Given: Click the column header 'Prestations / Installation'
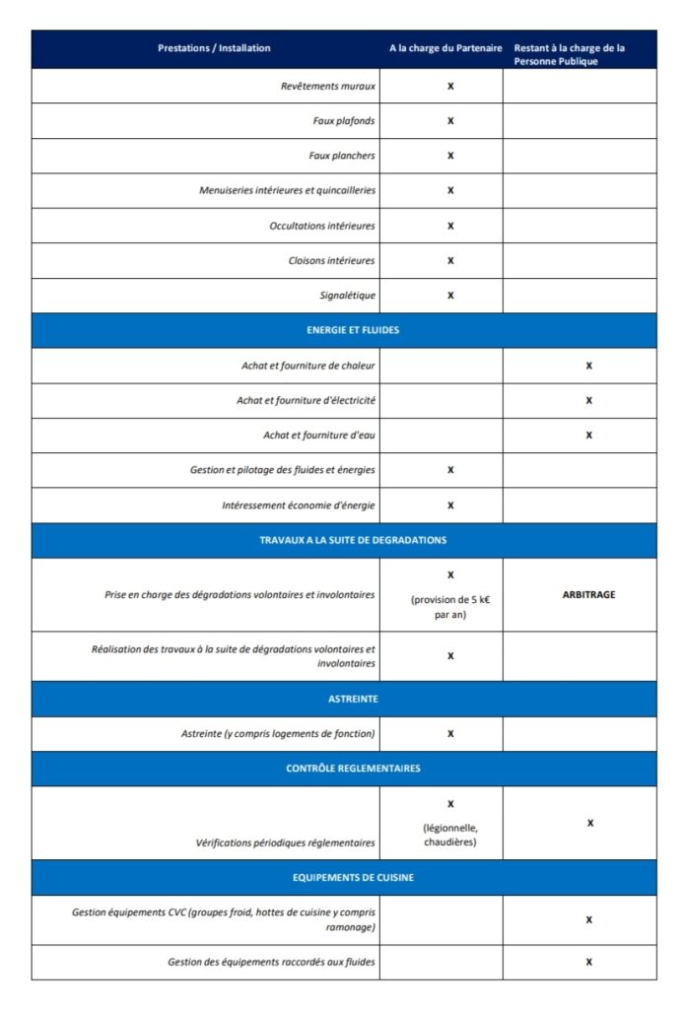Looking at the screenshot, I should point(214,48).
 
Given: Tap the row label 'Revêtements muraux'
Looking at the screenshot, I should point(327,86).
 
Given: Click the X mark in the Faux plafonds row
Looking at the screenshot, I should point(450,121).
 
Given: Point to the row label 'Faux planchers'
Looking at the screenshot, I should point(342,156).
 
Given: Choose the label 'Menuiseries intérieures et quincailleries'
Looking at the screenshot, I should point(287,190).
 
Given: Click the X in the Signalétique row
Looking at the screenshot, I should point(450,295).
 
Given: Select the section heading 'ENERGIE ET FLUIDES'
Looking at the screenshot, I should point(344,330).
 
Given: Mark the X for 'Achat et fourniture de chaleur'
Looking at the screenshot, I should point(589,366).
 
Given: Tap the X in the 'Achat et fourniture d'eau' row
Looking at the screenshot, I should point(589,435).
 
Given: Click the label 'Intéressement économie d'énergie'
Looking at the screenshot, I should point(298,505).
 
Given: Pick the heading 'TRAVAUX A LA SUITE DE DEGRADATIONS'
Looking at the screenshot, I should point(344,540).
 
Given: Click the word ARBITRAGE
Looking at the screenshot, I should point(589,595).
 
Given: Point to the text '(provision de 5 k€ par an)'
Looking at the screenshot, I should point(450,607).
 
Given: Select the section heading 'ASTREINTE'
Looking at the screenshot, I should point(344,699).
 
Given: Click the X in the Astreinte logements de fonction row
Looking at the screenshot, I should point(450,734).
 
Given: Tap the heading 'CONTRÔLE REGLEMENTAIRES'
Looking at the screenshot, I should point(344,769).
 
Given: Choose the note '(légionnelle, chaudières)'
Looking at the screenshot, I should point(450,836).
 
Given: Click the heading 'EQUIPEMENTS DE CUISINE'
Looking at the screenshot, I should point(344,877).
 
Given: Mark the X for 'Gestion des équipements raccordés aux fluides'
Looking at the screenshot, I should point(589,962).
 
